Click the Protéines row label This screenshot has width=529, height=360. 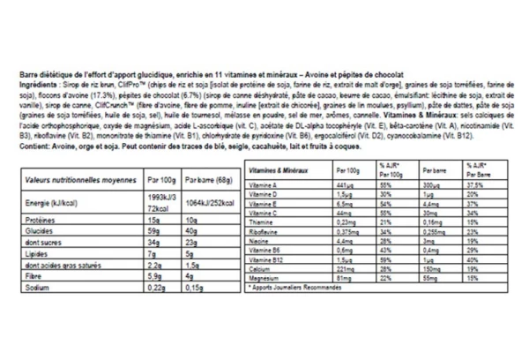click(x=38, y=221)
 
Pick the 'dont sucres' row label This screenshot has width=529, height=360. click(x=43, y=243)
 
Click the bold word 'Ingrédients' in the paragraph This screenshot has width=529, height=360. click(x=40, y=84)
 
